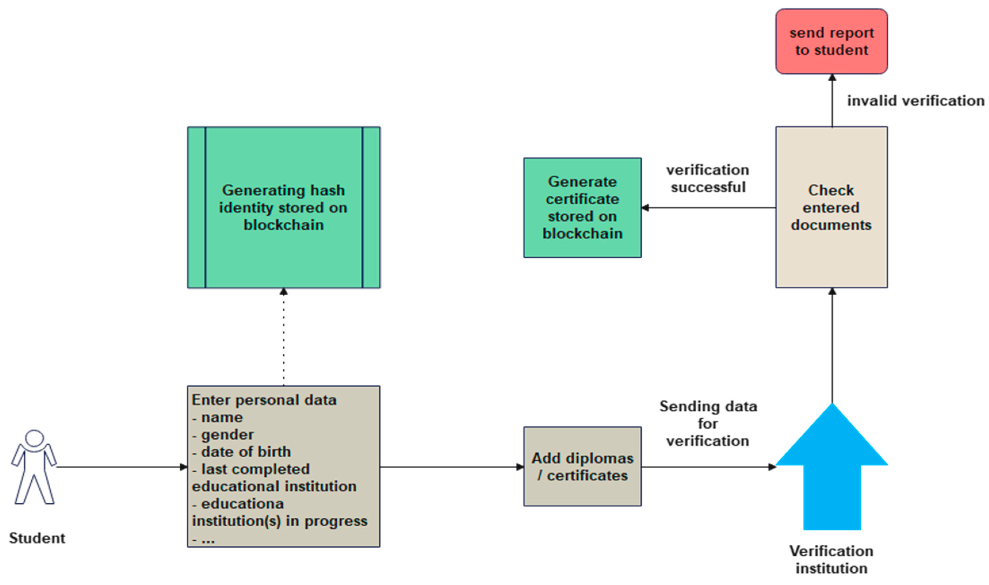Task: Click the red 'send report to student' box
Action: click(831, 41)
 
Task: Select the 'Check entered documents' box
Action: click(831, 207)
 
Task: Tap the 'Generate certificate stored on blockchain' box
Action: click(582, 208)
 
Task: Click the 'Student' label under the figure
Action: click(37, 538)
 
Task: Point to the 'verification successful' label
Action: click(708, 178)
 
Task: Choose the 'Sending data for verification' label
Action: click(708, 423)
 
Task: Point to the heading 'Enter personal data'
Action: click(264, 400)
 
